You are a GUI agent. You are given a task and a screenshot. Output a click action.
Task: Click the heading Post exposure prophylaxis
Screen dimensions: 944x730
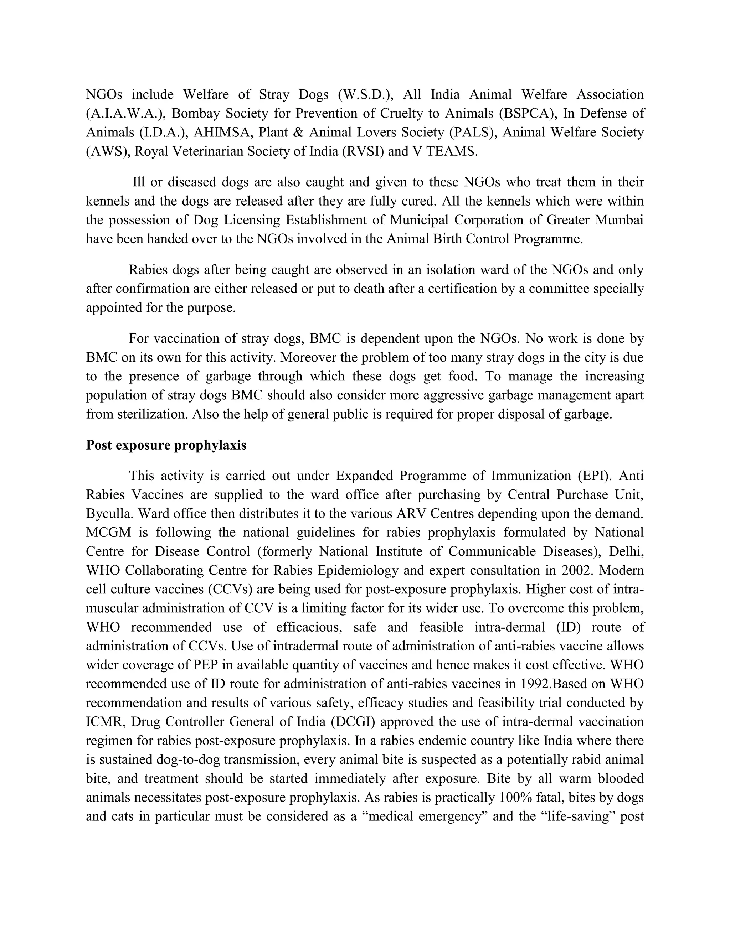pyautogui.click(x=166, y=445)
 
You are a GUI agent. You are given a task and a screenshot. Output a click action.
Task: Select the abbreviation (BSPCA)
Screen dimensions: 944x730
pyautogui.click(x=527, y=113)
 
